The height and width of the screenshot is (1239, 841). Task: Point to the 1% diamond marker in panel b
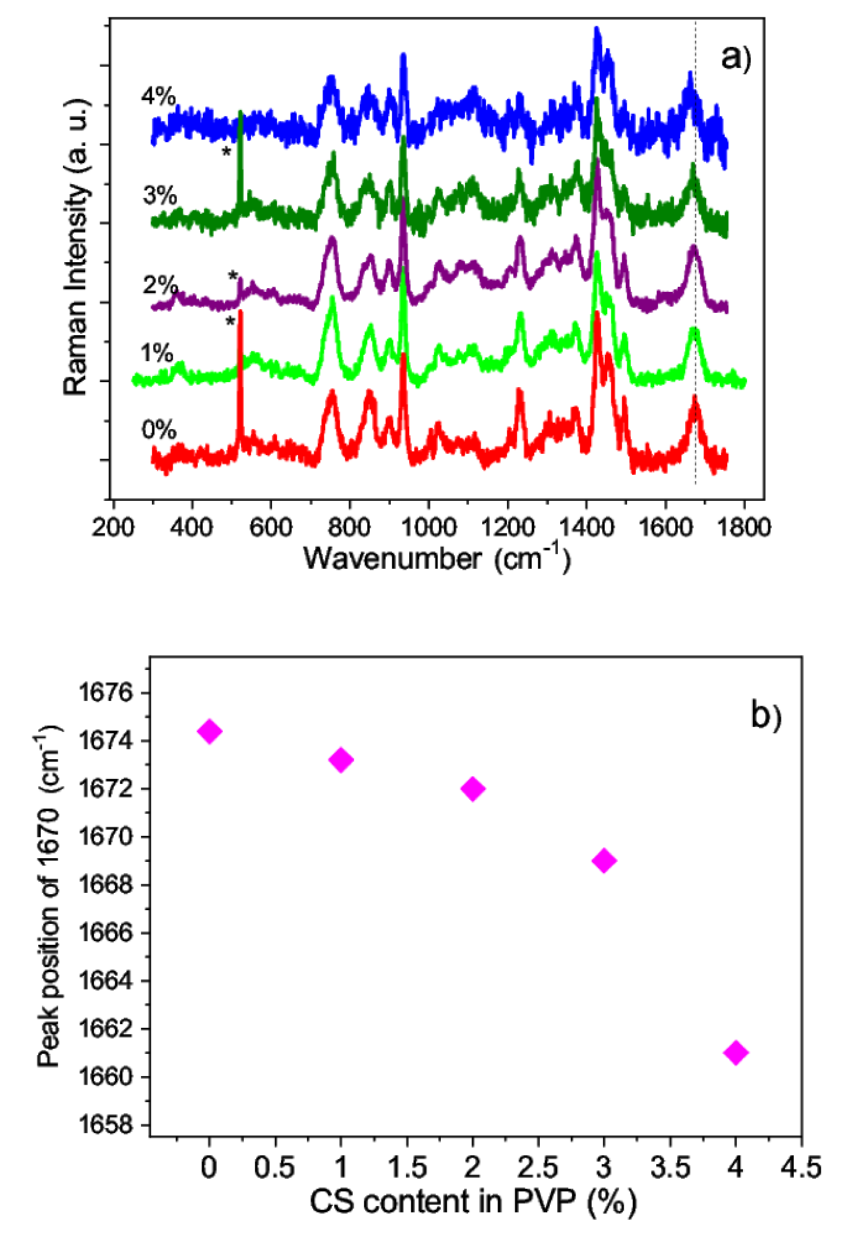[341, 759]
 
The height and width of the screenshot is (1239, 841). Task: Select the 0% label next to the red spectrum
[158, 430]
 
